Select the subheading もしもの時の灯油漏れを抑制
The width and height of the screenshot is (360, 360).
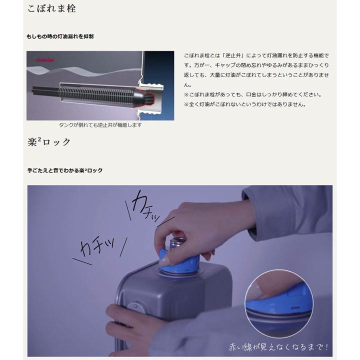tap(60, 36)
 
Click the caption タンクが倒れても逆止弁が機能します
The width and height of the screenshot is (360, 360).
tap(100, 125)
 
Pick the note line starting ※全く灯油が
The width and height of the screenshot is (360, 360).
tap(244, 104)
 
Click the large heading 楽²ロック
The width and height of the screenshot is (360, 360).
tap(49, 142)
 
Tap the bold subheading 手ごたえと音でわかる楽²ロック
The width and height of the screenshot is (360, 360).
tap(65, 170)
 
